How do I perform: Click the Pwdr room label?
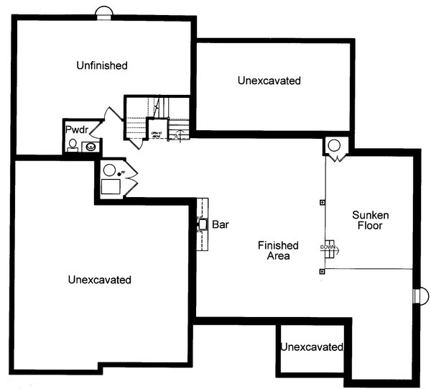click(76, 129)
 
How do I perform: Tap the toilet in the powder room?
click(73, 146)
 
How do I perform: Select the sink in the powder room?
click(91, 147)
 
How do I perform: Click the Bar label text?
click(220, 225)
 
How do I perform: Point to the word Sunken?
click(371, 214)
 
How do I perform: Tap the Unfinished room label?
click(102, 65)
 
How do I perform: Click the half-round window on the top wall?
click(104, 12)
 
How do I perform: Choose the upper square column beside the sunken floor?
click(322, 203)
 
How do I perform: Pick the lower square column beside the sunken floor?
click(322, 271)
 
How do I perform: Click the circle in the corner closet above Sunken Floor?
click(335, 145)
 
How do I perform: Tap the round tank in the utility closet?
click(109, 171)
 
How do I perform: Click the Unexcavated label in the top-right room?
click(269, 81)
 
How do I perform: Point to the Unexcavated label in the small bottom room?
click(312, 347)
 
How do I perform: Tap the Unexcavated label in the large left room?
click(100, 279)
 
